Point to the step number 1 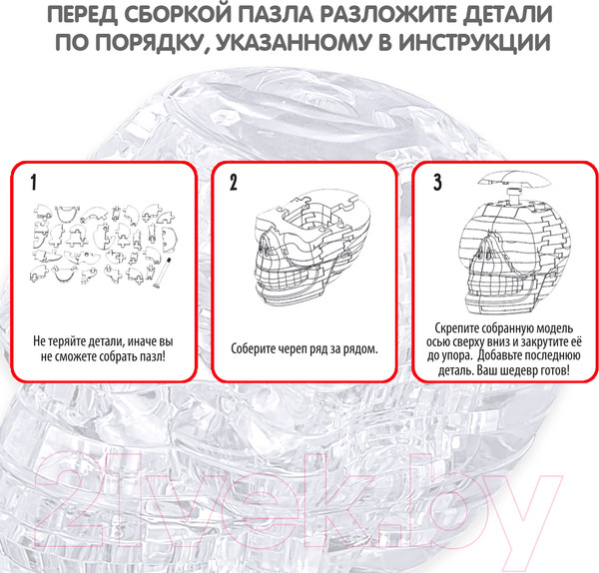(x=34, y=183)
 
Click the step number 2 (x=234, y=183)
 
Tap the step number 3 (x=438, y=183)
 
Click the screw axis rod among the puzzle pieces (x=162, y=273)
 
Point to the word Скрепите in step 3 (x=456, y=328)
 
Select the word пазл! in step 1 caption (x=153, y=356)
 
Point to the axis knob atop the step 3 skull (x=512, y=196)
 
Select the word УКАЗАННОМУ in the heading (x=293, y=42)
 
